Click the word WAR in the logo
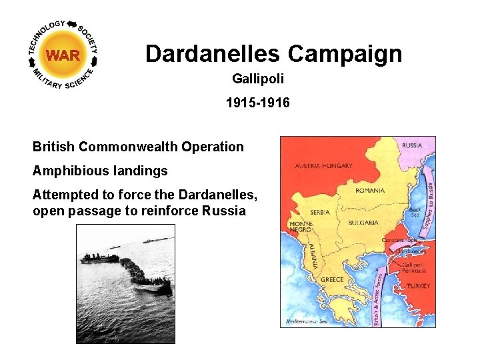pyautogui.click(x=63, y=55)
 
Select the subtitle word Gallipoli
pyautogui.click(x=258, y=79)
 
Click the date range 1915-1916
pyautogui.click(x=258, y=103)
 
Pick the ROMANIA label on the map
pyautogui.click(x=371, y=190)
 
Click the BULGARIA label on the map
pyautogui.click(x=364, y=223)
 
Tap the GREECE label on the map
pyautogui.click(x=332, y=279)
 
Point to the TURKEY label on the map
pyautogui.click(x=418, y=286)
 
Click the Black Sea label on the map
pyautogui.click(x=415, y=212)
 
